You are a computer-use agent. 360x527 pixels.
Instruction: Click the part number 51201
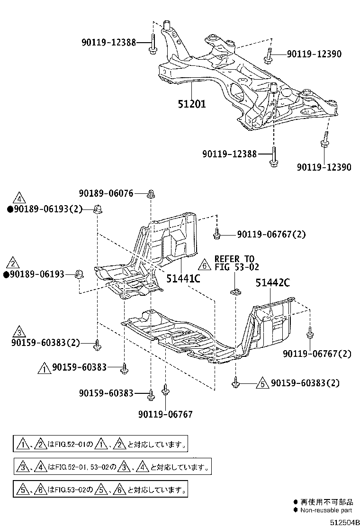point(192,103)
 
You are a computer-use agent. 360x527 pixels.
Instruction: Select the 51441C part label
point(183,278)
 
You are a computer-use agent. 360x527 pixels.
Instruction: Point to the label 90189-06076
point(106,193)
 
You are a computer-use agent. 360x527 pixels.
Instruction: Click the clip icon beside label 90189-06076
point(151,193)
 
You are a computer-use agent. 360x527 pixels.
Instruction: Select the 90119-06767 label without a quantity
point(165,414)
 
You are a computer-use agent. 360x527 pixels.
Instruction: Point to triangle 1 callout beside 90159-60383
point(44,367)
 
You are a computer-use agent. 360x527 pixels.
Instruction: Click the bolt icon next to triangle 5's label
point(235,382)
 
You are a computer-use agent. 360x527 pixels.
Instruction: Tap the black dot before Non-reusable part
point(296,510)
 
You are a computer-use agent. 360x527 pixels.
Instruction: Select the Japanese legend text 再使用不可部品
point(325,501)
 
